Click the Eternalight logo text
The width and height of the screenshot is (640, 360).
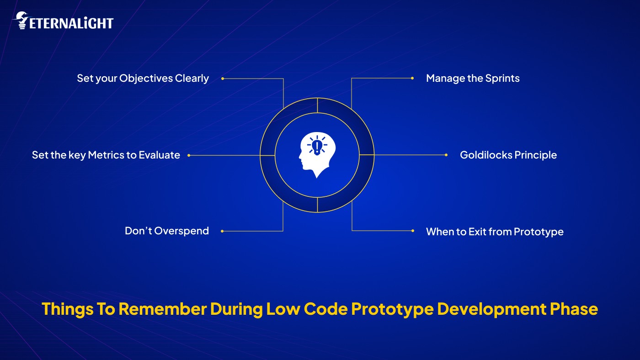point(71,23)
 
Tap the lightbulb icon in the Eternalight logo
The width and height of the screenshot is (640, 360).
point(21,21)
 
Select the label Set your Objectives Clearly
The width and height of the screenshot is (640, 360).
point(143,78)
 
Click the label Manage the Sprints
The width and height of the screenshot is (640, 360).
point(473,78)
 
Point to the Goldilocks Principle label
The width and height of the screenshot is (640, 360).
point(508,155)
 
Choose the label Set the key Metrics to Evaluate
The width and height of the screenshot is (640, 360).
point(106,155)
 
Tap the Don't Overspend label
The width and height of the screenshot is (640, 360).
point(166,231)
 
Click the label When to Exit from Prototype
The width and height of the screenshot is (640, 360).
point(495,232)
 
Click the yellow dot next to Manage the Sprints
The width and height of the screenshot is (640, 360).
point(412,78)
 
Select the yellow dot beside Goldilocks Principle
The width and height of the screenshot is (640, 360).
point(446,155)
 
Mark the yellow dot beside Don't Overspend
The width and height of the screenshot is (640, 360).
point(222,231)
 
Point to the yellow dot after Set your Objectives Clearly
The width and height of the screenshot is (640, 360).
point(222,79)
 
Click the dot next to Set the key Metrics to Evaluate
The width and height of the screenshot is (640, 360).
point(188,155)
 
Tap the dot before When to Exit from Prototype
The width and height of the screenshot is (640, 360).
point(412,231)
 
